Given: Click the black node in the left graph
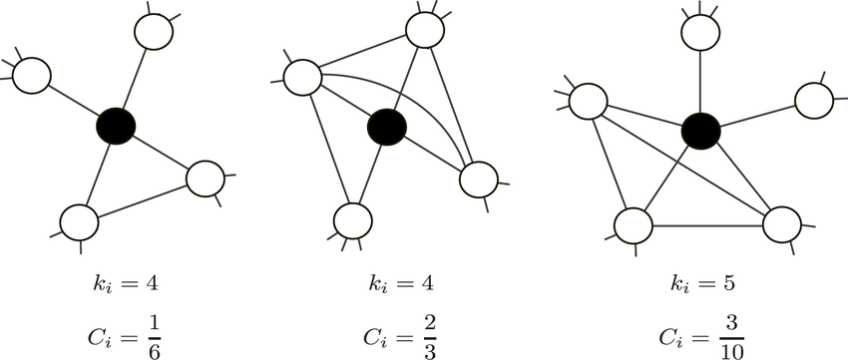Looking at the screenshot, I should (116, 126).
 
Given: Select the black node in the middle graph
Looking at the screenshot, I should (386, 127).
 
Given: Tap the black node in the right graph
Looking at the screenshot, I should (700, 130).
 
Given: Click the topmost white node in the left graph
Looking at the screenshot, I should (155, 31).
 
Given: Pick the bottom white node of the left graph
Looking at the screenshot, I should (79, 220).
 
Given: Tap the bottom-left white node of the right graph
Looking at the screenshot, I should (633, 224).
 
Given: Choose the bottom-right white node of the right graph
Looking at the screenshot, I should (781, 224).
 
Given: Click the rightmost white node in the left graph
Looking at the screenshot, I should (205, 178).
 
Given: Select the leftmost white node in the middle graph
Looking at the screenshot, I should (302, 76).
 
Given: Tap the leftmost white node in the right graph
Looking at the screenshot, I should (588, 101).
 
